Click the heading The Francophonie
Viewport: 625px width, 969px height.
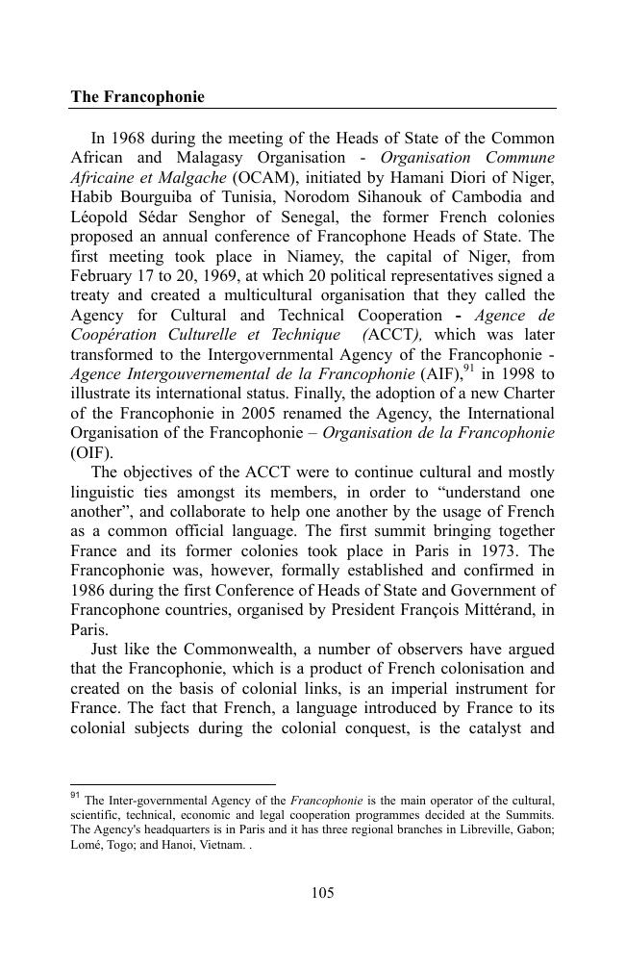click(137, 98)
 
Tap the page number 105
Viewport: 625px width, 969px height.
click(322, 893)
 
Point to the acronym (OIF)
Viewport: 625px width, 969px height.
click(91, 453)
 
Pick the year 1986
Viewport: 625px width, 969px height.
click(92, 591)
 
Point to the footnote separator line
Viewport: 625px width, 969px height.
click(173, 784)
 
